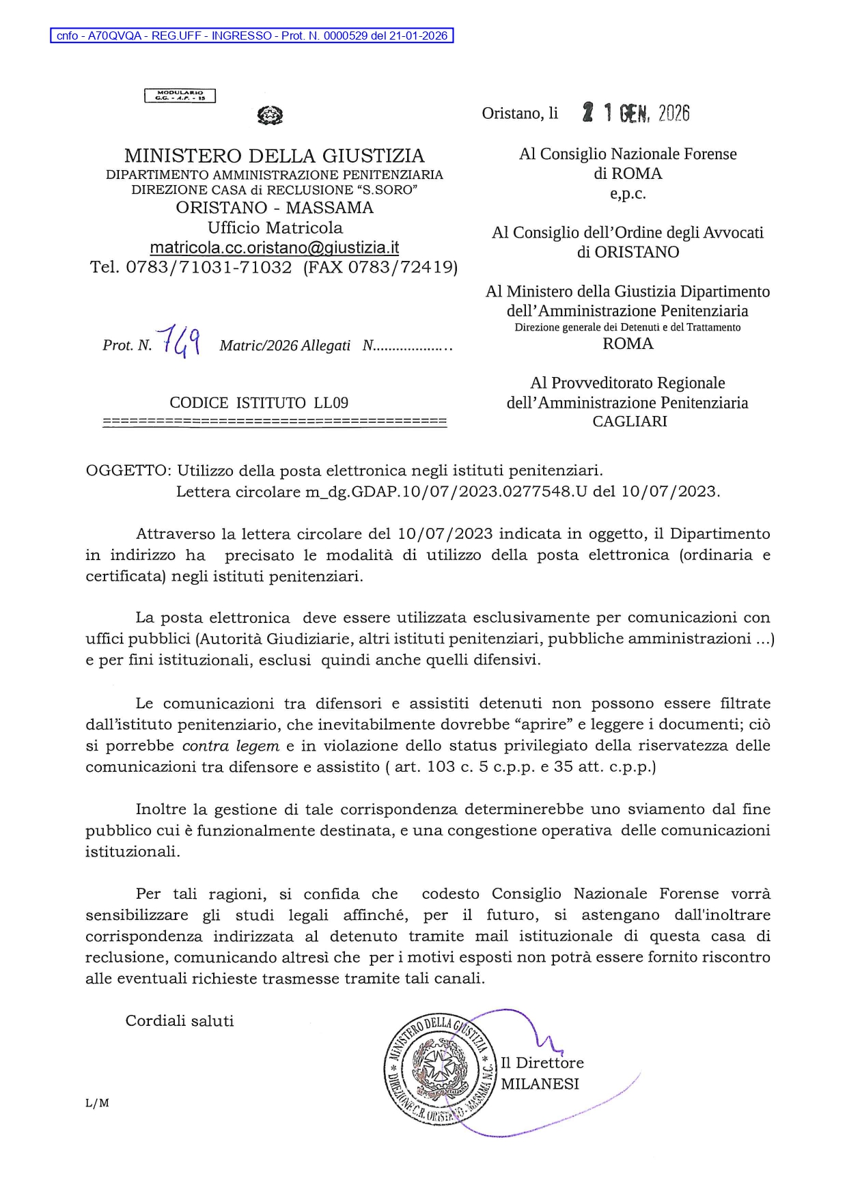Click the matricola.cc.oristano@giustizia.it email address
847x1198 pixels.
click(274, 247)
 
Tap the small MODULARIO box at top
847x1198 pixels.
click(180, 96)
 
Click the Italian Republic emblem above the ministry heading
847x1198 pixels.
click(270, 115)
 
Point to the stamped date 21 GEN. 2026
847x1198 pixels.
click(635, 113)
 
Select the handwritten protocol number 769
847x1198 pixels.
click(179, 341)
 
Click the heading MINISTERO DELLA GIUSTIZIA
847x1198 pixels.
click(274, 156)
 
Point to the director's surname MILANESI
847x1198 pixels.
click(540, 1084)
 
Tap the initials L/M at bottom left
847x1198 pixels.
click(97, 1103)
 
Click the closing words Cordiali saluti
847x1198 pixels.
click(180, 1021)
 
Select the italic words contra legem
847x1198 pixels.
click(231, 746)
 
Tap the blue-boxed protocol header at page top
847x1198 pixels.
click(252, 36)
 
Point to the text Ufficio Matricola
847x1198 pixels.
click(275, 227)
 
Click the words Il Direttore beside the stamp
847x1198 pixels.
click(542, 1063)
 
